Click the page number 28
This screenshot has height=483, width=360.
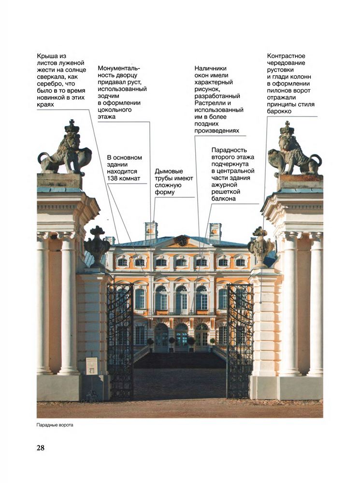pyautogui.click(x=41, y=448)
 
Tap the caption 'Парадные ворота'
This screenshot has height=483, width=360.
pyautogui.click(x=55, y=425)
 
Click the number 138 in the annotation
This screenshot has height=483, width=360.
pyautogui.click(x=113, y=178)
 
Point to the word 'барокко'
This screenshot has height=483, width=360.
pyautogui.click(x=279, y=111)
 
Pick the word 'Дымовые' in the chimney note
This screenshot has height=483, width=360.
pyautogui.click(x=169, y=171)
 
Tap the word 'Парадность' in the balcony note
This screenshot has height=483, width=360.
pyautogui.click(x=229, y=150)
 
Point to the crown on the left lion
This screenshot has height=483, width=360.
pyautogui.click(x=72, y=126)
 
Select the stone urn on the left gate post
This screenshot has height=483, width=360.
pyautogui.click(x=97, y=246)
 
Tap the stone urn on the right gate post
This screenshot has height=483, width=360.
pyautogui.click(x=260, y=246)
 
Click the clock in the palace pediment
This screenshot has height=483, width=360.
pyautogui.click(x=182, y=241)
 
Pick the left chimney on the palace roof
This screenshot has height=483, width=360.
pyautogui.click(x=151, y=230)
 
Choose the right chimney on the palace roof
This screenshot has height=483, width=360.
pyautogui.click(x=215, y=231)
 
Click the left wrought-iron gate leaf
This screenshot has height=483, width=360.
pyautogui.click(x=120, y=341)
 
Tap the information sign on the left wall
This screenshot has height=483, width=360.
pyautogui.click(x=91, y=366)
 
